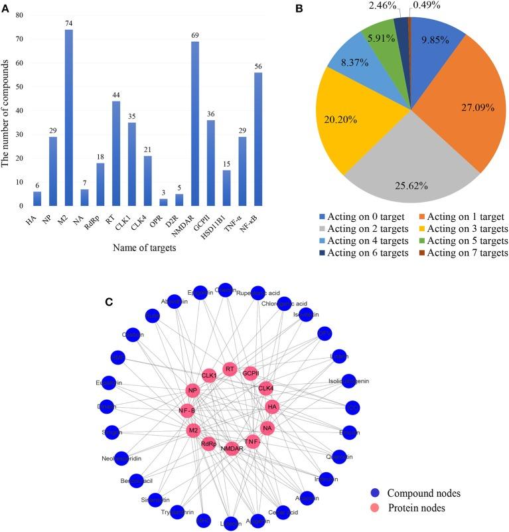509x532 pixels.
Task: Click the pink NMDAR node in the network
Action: coord(232,449)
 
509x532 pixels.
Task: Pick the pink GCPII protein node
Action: coord(251,374)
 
